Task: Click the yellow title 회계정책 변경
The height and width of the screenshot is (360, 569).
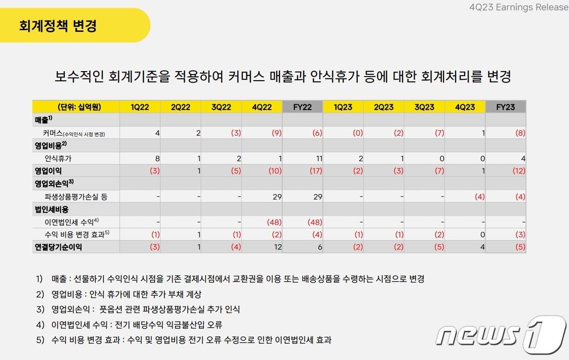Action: tap(58, 26)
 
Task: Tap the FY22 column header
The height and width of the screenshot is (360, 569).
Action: tap(302, 107)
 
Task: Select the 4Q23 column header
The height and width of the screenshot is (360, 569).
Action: tap(465, 107)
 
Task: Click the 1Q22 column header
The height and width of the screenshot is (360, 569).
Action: tap(139, 107)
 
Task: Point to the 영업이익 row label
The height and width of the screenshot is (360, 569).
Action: tap(48, 171)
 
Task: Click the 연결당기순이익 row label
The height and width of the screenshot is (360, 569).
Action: tap(59, 247)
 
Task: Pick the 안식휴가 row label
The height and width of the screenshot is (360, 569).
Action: tap(58, 159)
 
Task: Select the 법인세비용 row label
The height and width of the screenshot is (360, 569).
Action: tap(51, 209)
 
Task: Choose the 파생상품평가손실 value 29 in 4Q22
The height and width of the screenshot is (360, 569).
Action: tap(277, 197)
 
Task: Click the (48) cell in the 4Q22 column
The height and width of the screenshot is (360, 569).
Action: tap(274, 222)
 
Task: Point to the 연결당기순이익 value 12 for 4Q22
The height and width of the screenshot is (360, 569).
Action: tap(277, 247)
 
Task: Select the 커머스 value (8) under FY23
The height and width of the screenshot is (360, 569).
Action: tap(520, 133)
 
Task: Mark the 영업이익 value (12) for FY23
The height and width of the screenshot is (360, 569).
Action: tap(518, 171)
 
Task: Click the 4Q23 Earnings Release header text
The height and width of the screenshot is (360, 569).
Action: tap(518, 7)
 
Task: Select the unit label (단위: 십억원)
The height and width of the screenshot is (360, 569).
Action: tap(76, 107)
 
